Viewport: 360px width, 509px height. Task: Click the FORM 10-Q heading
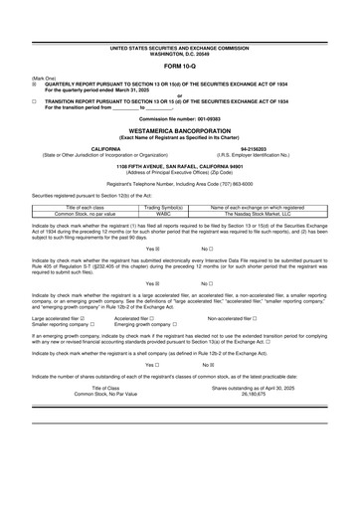point(180,68)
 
